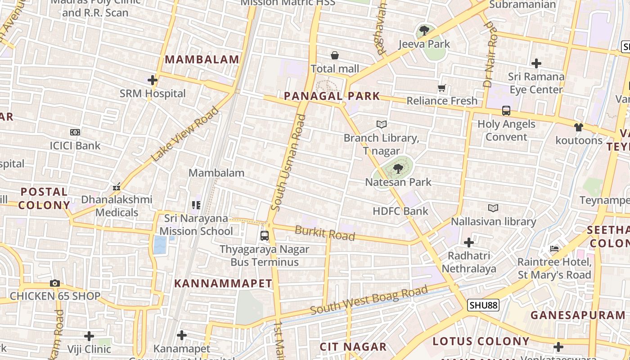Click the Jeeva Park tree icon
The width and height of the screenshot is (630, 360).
[424, 31]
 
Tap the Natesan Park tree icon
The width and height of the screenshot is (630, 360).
[398, 169]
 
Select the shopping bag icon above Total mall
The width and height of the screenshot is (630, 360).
[335, 55]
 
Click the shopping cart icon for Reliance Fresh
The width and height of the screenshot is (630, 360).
[442, 88]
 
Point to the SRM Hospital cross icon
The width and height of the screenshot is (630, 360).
[153, 80]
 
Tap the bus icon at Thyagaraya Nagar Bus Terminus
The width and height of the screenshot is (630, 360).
[265, 235]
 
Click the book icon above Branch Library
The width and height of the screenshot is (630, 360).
[382, 124]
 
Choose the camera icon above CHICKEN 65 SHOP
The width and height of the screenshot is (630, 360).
[55, 283]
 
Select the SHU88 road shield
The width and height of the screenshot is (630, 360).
[483, 306]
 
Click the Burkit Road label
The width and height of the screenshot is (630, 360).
[325, 233]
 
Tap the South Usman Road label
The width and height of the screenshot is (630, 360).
[289, 162]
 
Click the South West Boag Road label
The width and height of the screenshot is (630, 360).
[369, 300]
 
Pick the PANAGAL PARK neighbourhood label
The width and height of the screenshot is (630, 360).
[332, 96]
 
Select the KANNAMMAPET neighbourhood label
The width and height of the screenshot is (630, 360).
[223, 283]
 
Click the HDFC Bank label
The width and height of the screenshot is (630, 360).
[400, 211]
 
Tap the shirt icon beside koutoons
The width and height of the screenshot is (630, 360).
[579, 127]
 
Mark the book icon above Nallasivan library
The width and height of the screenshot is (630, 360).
[493, 208]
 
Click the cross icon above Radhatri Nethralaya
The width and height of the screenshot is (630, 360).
[469, 243]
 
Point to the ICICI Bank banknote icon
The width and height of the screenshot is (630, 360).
[75, 132]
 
